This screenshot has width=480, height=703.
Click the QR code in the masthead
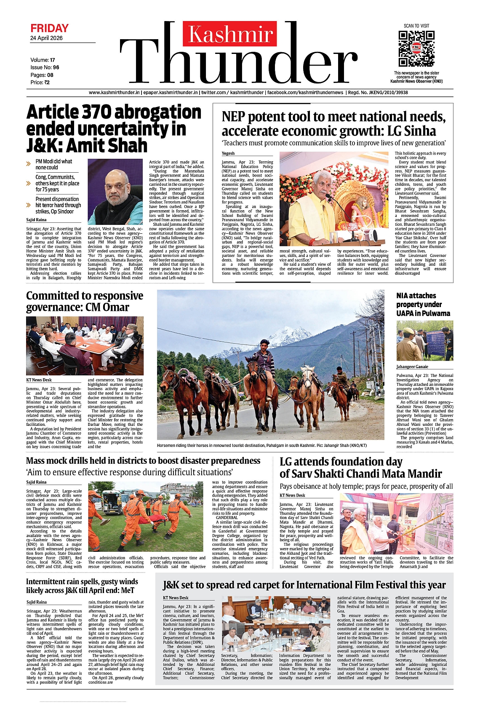coord(416,48)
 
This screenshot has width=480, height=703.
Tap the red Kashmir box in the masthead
coord(229,34)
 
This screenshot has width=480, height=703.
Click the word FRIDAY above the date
coord(49,28)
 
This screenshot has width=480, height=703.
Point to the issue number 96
coord(56,67)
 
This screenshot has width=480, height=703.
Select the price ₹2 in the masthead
coord(47,83)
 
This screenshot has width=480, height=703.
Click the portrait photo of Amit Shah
coord(115,192)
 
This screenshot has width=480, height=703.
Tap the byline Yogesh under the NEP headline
coord(228,153)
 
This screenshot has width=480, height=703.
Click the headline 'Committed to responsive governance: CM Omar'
coord(85,302)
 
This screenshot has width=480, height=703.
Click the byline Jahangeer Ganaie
coord(412,367)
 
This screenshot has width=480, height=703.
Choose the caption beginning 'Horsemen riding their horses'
coord(261,445)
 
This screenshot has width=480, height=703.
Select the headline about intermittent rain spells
coord(82,586)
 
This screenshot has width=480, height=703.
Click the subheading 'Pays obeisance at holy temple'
coord(366,486)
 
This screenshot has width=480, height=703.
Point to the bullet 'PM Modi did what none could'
coord(53,164)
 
